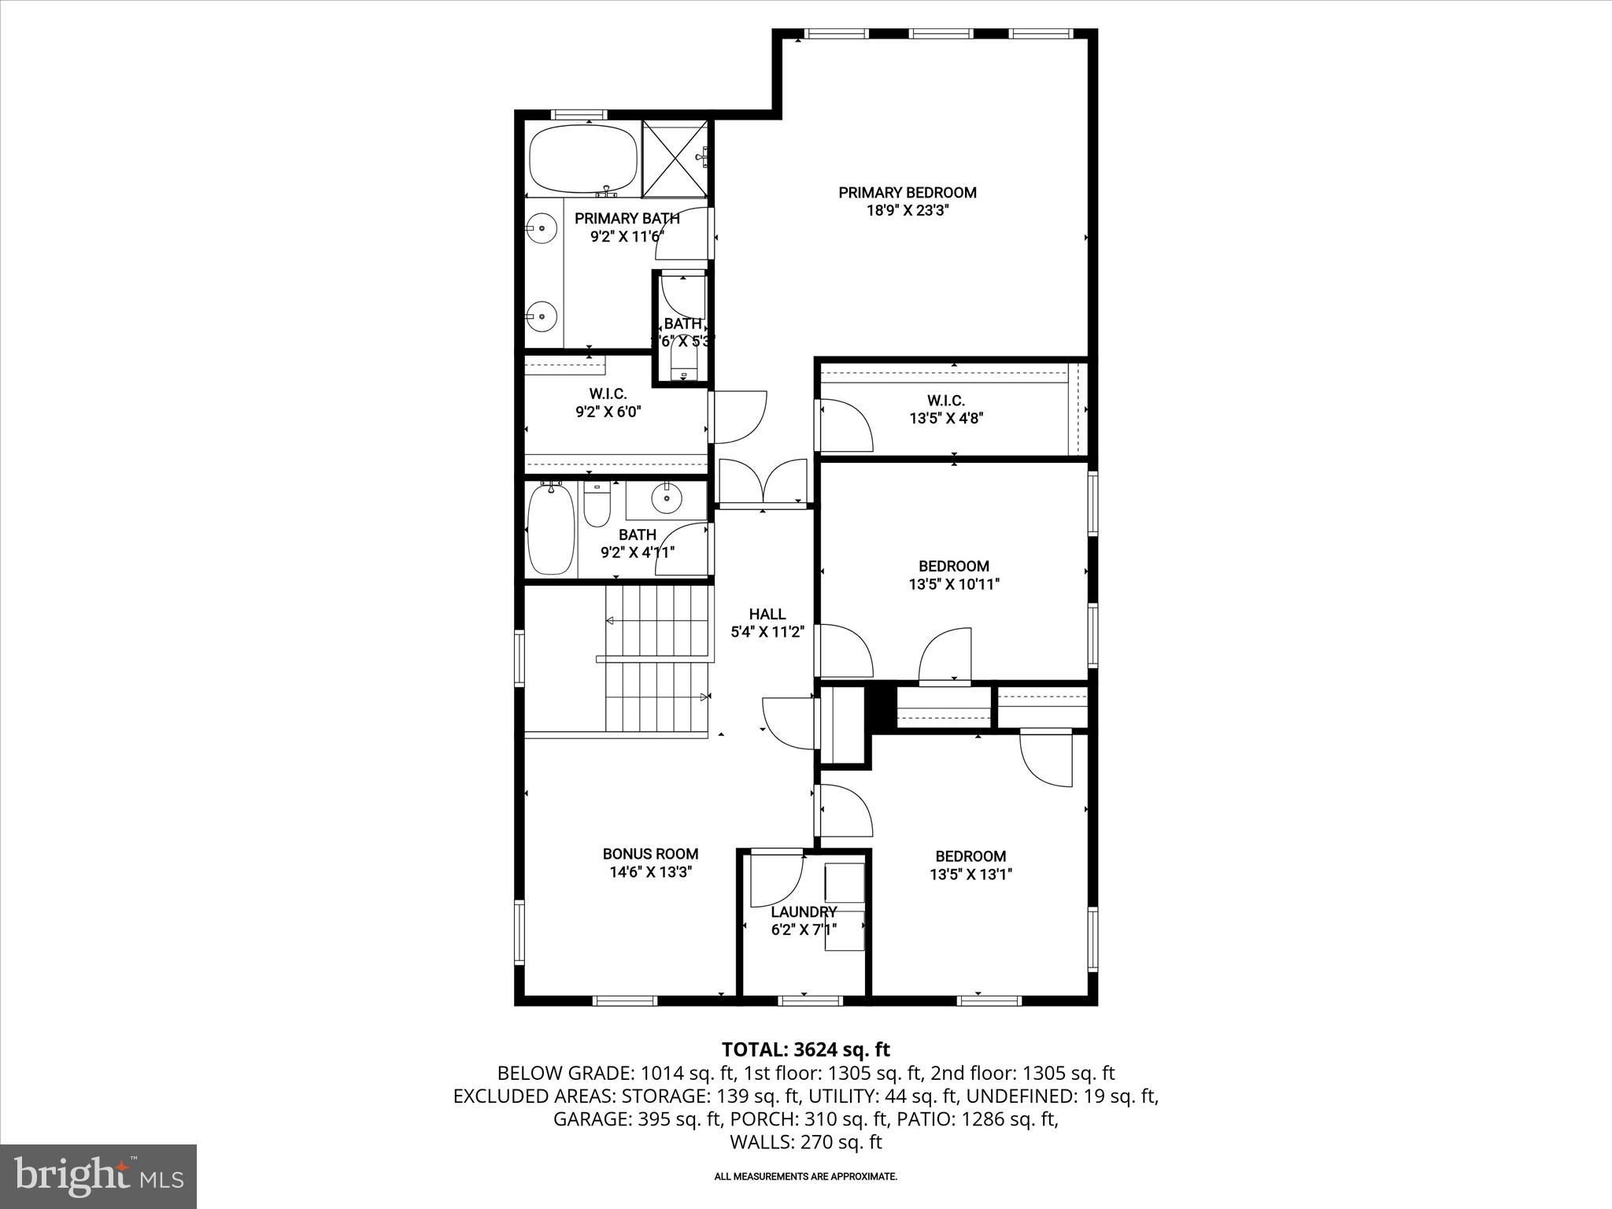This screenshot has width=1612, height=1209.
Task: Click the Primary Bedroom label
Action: coord(907,193)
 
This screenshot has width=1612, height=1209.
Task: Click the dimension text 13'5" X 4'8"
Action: coord(946,419)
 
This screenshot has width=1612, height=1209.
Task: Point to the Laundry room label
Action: coord(804,911)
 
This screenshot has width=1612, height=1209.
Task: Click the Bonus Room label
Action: coord(650,853)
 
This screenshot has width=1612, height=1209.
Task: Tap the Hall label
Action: coord(767,614)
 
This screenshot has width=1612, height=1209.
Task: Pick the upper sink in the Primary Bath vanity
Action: coord(542,228)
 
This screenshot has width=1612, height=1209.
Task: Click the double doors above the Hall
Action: coord(762,482)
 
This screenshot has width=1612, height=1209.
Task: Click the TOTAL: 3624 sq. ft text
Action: coord(805,1049)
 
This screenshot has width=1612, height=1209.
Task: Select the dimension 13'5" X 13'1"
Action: coord(971,874)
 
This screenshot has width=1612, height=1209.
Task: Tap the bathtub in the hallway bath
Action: coord(551,529)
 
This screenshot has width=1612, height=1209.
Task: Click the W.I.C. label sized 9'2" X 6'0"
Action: coord(608,393)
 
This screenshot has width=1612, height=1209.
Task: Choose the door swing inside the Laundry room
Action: coord(775,878)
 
